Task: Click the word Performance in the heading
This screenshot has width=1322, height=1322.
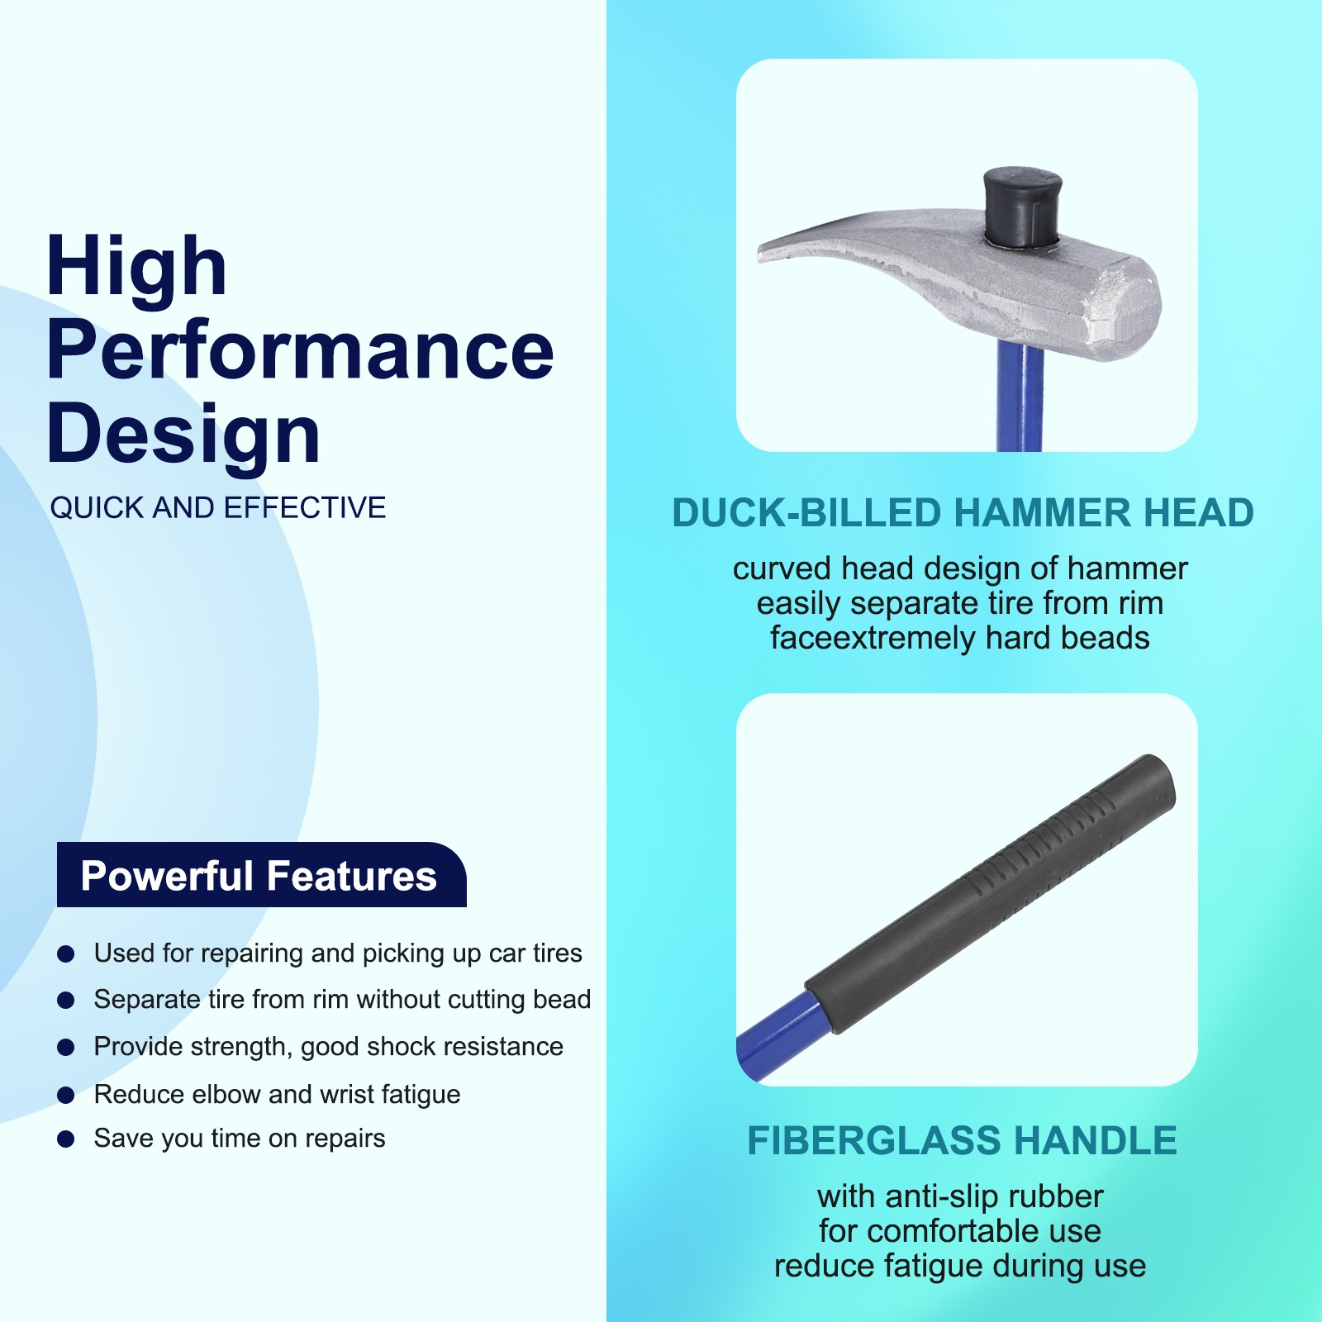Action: pyautogui.click(x=300, y=350)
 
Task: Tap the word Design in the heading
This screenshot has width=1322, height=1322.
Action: pyautogui.click(x=183, y=433)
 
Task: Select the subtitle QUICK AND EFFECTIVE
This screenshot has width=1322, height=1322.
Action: pyautogui.click(x=218, y=507)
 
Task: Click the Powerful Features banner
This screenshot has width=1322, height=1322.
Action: pyautogui.click(x=261, y=875)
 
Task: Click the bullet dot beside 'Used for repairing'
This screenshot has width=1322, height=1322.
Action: pyautogui.click(x=66, y=954)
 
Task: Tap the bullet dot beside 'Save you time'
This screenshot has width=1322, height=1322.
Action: pyautogui.click(x=66, y=1139)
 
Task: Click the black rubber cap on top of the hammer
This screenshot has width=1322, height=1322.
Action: pyautogui.click(x=1022, y=207)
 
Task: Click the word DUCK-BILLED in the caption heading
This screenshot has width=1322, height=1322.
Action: pyautogui.click(x=806, y=513)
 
